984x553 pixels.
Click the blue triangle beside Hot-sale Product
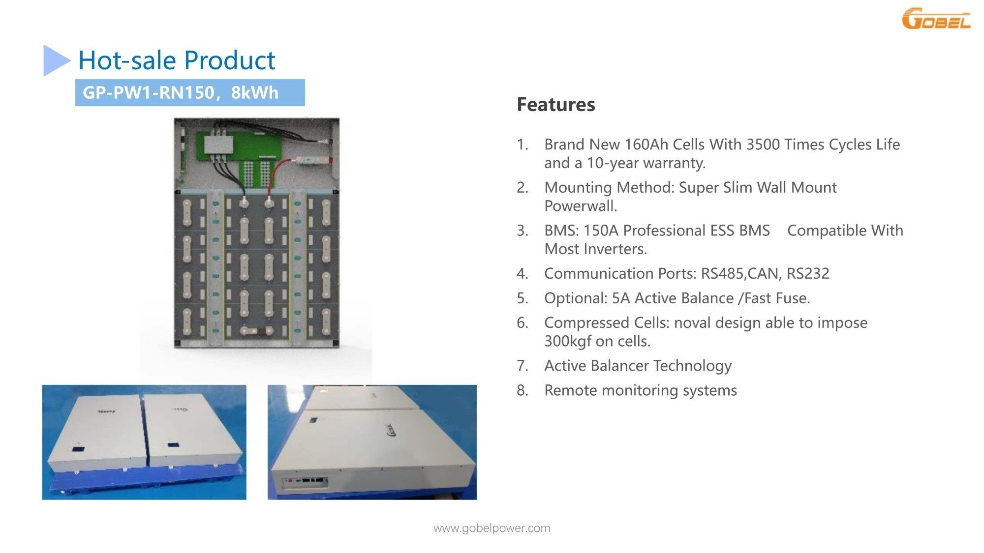pos(57,60)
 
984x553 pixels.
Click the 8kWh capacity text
pos(254,92)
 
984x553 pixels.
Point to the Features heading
pos(556,104)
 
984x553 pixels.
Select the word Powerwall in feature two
pos(581,205)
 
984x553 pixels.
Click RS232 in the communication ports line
pos(808,273)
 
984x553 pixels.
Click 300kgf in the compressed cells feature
pos(568,341)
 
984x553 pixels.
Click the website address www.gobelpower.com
pos(492,528)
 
